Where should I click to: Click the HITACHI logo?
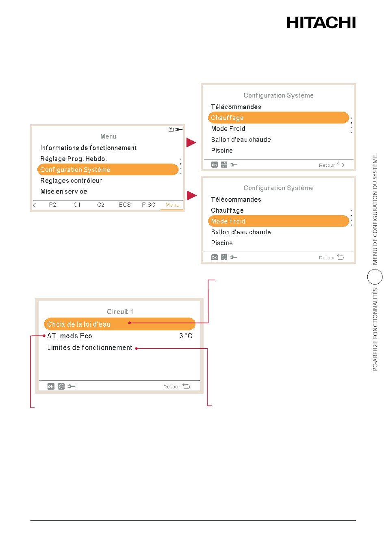coord(321,22)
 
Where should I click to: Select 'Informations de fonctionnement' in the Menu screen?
coord(88,148)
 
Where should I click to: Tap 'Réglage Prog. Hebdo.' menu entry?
coord(74,159)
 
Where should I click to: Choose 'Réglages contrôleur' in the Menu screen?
coord(71,181)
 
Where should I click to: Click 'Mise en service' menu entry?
coord(64,192)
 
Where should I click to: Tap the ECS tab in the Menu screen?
coord(125,205)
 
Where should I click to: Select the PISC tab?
coord(148,205)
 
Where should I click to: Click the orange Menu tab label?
coord(172,205)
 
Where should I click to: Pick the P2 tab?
coord(52,205)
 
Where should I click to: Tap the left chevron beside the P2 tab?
coord(35,205)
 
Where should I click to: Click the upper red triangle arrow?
coord(191,142)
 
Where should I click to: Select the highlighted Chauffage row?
coord(278,118)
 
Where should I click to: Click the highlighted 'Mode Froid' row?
coord(278,221)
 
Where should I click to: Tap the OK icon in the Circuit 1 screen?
coord(51,386)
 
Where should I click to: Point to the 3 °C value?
coord(186,336)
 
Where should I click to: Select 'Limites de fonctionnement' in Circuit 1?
coord(90,348)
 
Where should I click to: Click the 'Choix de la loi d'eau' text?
coord(79,324)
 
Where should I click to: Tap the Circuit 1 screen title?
coord(120,312)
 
